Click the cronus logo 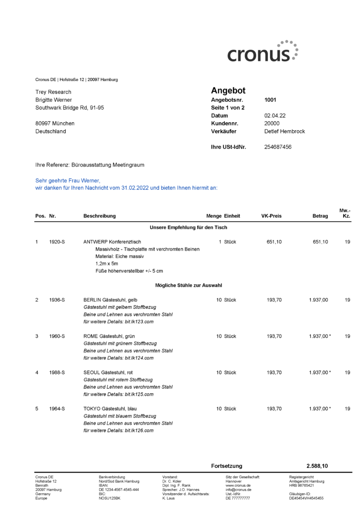pos(263,52)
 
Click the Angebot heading pos(228,90)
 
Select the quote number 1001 pos(270,99)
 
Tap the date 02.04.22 pos(274,115)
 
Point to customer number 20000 pos(272,123)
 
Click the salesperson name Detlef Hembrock pos(284,131)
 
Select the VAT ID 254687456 pos(277,147)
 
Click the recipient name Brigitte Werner pos(54,100)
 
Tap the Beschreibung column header pos(99,216)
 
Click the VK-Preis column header pos(271,216)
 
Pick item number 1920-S pos(57,242)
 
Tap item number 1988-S pos(57,372)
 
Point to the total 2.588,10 pos(317,466)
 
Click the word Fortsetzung pos(226,466)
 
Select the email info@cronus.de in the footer pos(238,490)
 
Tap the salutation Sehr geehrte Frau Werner pos(68,180)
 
